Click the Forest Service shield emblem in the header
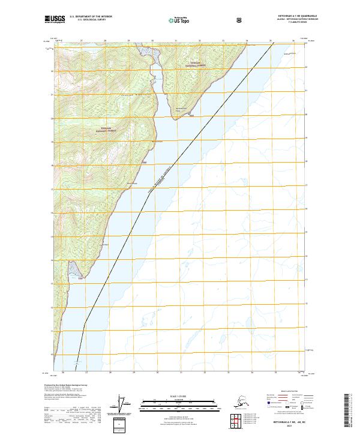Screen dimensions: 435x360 (206, 20)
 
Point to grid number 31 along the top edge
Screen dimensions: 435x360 (176, 41)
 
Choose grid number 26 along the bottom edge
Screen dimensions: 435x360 (62, 372)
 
